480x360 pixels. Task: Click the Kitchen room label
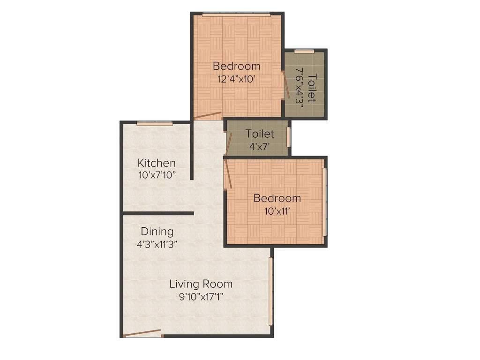(157, 163)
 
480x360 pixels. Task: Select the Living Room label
(201, 284)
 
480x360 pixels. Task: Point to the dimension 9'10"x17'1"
(201, 296)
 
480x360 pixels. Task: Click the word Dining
(157, 232)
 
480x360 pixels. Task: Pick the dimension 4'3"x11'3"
(157, 244)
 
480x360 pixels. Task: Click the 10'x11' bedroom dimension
(277, 211)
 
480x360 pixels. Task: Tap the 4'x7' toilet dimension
(260, 146)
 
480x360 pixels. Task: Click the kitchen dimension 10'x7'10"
(157, 176)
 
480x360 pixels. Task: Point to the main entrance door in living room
(142, 333)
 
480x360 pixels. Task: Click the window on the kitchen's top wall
(155, 123)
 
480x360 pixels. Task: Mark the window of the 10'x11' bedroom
(324, 202)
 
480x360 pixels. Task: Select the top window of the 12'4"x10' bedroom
(236, 15)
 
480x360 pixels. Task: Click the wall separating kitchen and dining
(158, 213)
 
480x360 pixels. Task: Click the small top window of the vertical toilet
(304, 51)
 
